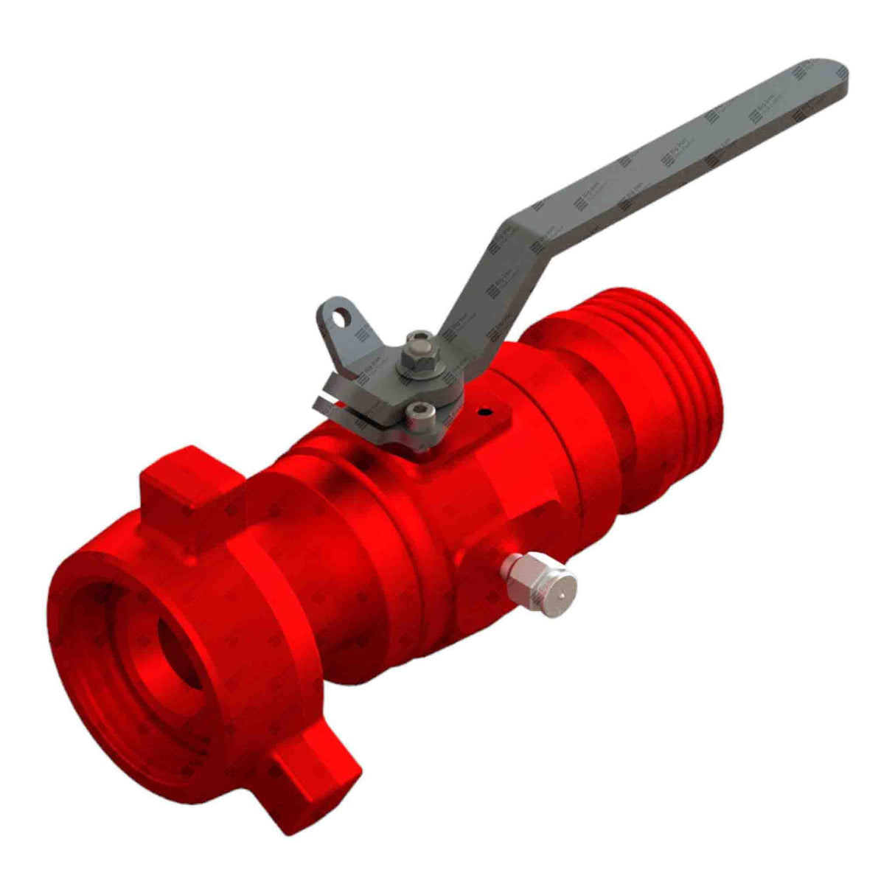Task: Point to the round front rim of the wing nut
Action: [x=88, y=664]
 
